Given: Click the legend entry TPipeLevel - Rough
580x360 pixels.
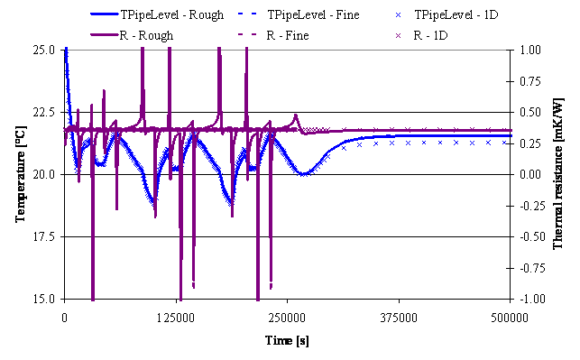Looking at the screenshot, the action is coord(157,14).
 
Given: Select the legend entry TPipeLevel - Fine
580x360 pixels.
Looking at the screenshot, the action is coord(299,14).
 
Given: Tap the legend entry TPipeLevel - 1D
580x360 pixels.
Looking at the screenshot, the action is coord(447,14).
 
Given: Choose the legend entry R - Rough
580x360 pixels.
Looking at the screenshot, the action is coord(132,35).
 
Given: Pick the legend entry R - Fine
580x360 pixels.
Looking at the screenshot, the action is coord(273,35).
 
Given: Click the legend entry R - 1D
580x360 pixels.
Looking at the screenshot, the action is coord(421,35).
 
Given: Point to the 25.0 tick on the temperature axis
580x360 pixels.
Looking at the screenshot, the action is coord(43,50).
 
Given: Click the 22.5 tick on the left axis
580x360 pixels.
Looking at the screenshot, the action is coord(43,112).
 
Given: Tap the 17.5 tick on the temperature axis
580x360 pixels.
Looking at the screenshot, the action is coord(43,236).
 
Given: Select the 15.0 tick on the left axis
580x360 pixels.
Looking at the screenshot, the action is coord(43,299).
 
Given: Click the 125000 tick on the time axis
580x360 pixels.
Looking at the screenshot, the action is coord(176,318).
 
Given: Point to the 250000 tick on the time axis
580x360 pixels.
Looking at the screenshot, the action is coord(288,318).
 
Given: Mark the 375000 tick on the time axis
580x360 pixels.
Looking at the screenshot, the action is coord(399,318).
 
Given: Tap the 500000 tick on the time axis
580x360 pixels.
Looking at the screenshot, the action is coord(510,318).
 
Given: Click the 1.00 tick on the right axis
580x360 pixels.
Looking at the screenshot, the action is coord(530,50).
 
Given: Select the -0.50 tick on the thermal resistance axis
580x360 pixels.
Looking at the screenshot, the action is coord(528,236).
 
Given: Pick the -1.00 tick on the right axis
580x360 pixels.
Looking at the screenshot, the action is coord(528,299).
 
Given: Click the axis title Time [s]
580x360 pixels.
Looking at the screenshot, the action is coord(287,340).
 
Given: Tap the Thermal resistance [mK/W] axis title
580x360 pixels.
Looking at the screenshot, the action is coord(558,174).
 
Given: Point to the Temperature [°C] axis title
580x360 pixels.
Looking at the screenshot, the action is coord(21,174).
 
